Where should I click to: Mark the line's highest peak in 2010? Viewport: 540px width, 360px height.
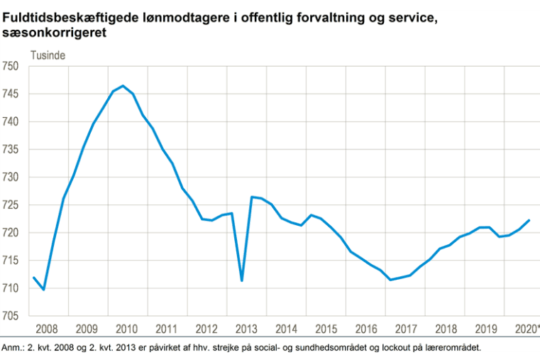(x=123, y=86)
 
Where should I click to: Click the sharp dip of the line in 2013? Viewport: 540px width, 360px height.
(x=242, y=280)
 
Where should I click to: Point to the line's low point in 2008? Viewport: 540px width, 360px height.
(x=44, y=290)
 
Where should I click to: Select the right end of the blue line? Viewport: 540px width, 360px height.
(x=529, y=220)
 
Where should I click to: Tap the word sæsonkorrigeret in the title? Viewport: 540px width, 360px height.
(x=51, y=31)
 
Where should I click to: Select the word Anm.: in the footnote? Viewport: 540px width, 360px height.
(x=13, y=348)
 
